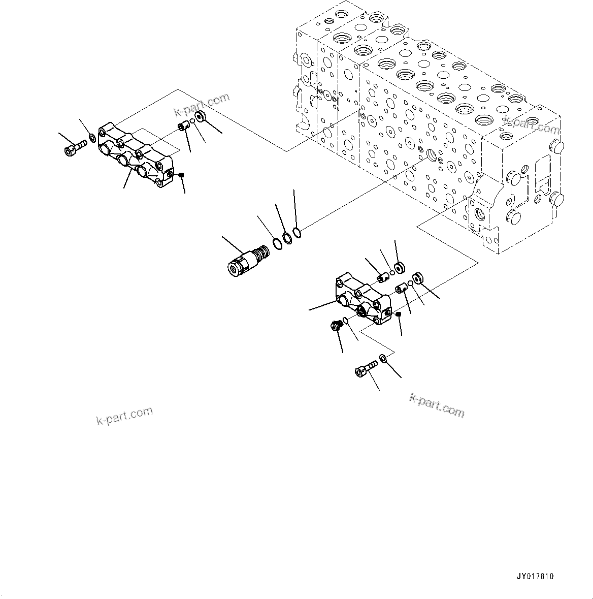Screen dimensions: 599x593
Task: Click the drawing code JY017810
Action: [x=535, y=576]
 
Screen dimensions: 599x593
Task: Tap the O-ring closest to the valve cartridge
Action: [x=276, y=243]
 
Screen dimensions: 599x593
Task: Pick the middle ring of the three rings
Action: [x=287, y=238]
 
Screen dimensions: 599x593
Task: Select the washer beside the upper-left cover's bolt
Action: [x=92, y=138]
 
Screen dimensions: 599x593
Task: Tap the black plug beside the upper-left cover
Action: [x=181, y=175]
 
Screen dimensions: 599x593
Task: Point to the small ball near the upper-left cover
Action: [x=192, y=122]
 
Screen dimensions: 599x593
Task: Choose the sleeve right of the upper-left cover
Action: [x=183, y=126]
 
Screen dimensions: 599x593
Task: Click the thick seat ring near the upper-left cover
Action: [x=200, y=116]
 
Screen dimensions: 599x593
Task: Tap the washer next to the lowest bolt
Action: [x=383, y=360]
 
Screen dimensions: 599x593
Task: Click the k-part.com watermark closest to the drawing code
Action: [x=437, y=405]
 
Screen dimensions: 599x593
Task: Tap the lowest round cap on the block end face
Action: [x=513, y=218]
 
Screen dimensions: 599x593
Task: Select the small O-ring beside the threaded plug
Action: [x=345, y=320]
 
